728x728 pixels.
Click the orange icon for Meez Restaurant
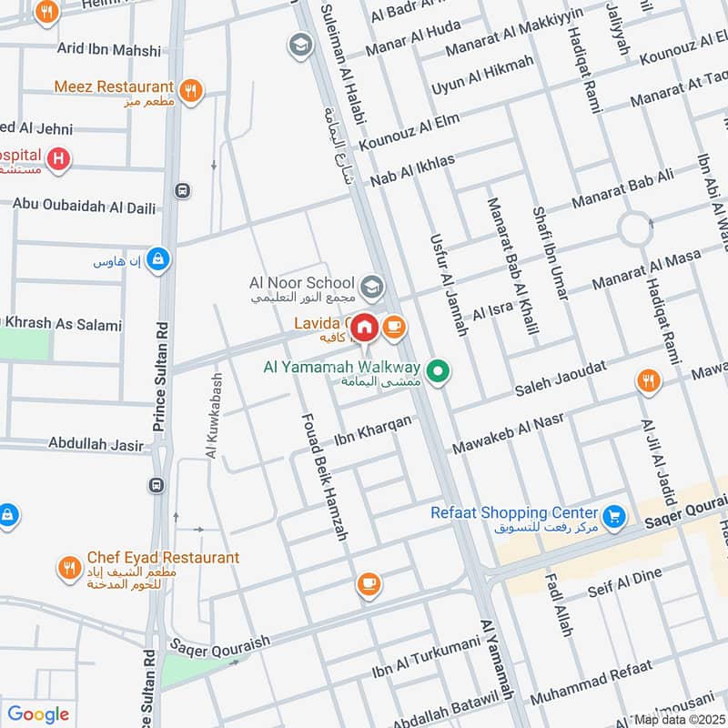190,89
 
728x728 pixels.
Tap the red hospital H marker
59,159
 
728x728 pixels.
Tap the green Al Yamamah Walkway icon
439,371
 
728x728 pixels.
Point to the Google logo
38,714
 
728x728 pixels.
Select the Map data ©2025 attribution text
679,720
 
